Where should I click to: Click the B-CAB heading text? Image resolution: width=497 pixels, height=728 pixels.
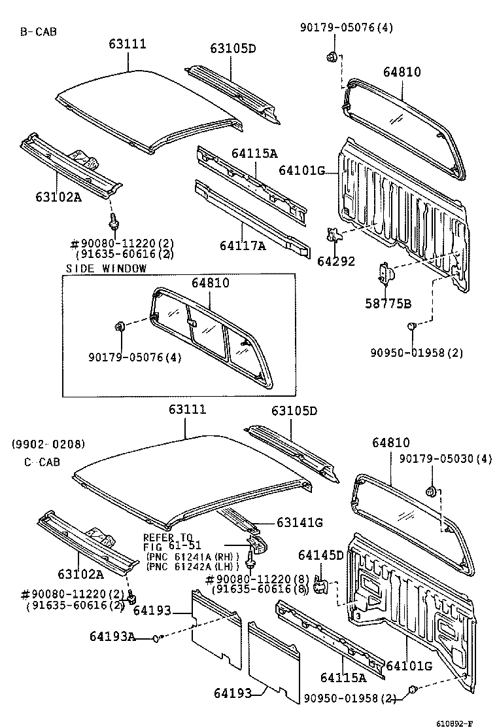(37, 31)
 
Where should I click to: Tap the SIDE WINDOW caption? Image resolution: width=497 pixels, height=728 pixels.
(107, 268)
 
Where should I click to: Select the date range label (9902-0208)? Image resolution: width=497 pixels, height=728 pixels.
(47, 444)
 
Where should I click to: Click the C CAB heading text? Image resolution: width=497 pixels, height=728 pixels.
(42, 462)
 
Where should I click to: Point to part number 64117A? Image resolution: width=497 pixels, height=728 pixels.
(242, 246)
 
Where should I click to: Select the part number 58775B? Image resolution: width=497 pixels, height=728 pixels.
(388, 303)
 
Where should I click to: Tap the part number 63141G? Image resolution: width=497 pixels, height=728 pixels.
(300, 522)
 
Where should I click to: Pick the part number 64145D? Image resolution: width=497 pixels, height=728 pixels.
(320, 555)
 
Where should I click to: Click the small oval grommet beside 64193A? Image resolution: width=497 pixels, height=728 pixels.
(156, 636)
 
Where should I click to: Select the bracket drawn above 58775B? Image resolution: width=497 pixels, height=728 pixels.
(385, 271)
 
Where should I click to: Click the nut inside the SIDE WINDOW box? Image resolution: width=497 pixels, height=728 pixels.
(120, 327)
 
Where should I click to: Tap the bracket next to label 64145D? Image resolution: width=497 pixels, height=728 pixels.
(320, 583)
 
